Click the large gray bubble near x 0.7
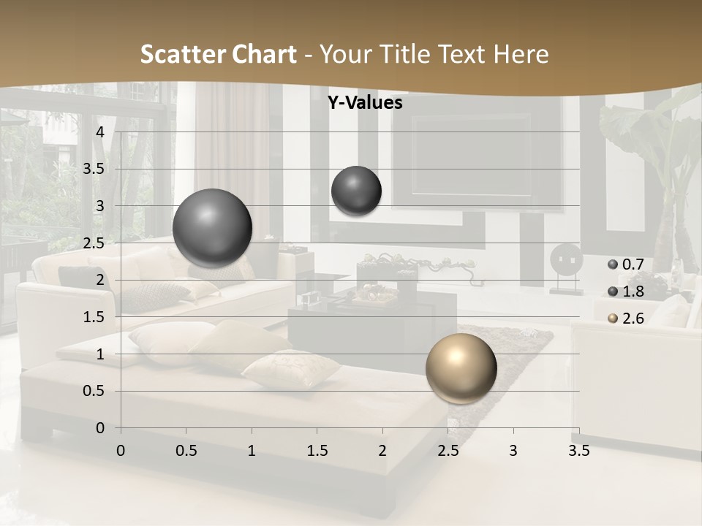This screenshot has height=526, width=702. (x=213, y=229)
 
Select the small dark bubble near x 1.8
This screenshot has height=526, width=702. (x=356, y=191)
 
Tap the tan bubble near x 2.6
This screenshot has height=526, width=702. (x=461, y=368)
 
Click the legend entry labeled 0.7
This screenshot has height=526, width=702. (x=625, y=264)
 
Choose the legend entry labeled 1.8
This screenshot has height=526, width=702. (x=625, y=291)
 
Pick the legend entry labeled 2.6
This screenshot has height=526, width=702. (x=625, y=319)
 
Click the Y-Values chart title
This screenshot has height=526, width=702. (x=365, y=103)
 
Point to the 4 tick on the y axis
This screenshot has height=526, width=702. (x=100, y=132)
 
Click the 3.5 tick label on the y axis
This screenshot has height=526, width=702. (x=94, y=169)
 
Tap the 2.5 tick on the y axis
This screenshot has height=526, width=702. (x=94, y=243)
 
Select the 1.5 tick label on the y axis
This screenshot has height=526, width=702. (x=94, y=317)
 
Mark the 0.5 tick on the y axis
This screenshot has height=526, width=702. (x=94, y=391)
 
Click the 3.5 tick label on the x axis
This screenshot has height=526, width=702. (x=578, y=451)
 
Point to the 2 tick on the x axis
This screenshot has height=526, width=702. (x=382, y=451)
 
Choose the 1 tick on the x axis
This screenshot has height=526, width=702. (x=252, y=451)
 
